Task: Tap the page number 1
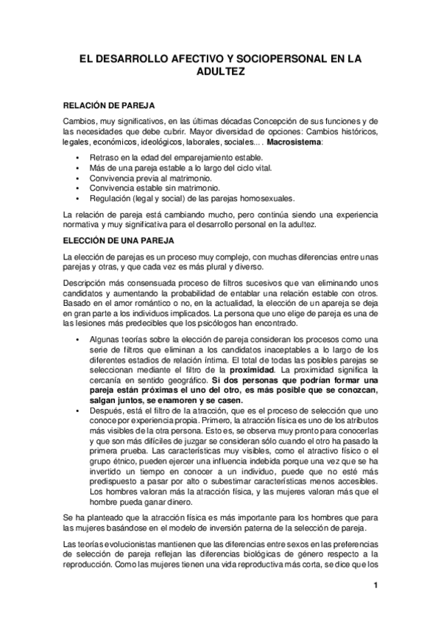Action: point(375,587)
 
